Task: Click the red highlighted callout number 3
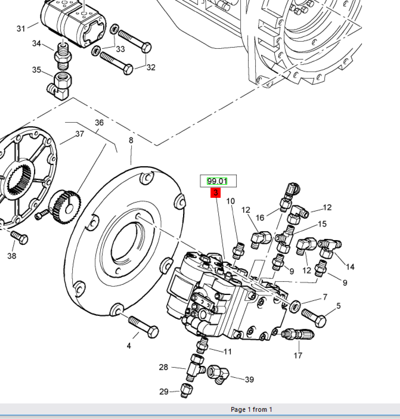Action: point(215,193)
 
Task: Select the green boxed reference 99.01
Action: point(218,181)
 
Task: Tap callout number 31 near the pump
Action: point(21,29)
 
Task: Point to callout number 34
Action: point(36,44)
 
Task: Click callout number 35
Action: point(37,70)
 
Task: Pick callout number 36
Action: point(99,123)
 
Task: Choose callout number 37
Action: point(79,134)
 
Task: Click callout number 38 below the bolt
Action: point(12,256)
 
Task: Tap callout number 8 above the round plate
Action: point(131,141)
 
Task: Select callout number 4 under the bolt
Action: point(128,346)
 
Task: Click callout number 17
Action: point(297,356)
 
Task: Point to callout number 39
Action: point(249,380)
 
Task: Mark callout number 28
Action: point(163,367)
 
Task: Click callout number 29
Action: point(163,392)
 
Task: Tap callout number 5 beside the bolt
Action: point(339,306)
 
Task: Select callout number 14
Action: point(350,267)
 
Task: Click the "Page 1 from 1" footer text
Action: point(251,410)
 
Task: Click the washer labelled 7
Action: point(294,308)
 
